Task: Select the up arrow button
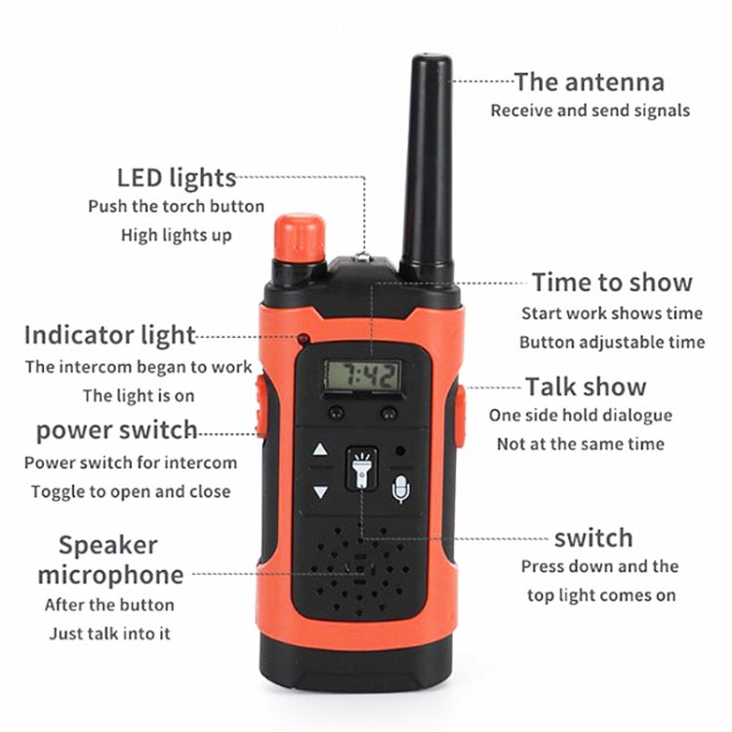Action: tap(320, 452)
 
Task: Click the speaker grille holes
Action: tap(361, 576)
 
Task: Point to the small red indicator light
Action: tap(305, 340)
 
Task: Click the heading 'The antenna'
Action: tap(589, 81)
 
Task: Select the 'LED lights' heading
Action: tap(176, 178)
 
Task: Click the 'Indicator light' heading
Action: tap(109, 336)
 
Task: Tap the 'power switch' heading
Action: tap(116, 430)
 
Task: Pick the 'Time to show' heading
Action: tap(612, 283)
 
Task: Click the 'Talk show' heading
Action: tap(586, 386)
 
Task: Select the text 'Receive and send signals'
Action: tap(590, 110)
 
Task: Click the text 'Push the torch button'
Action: tap(176, 206)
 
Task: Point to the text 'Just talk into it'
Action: tap(109, 633)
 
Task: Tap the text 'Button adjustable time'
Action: tap(611, 343)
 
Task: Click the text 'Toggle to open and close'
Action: tap(131, 491)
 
